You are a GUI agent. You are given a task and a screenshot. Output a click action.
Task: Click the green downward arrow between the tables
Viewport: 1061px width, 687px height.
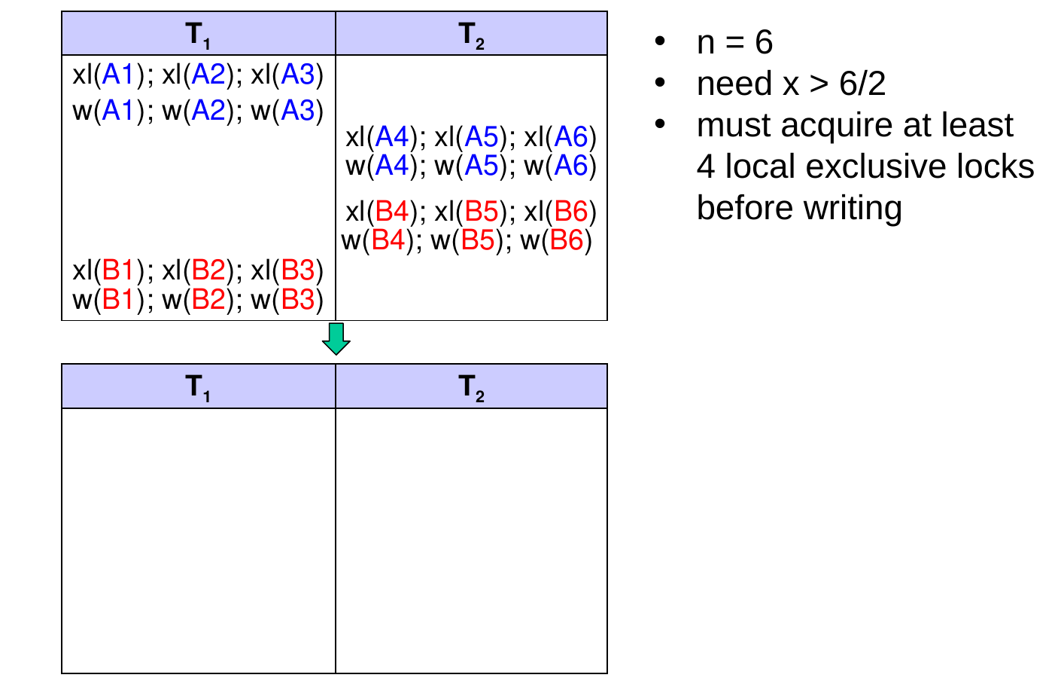336,338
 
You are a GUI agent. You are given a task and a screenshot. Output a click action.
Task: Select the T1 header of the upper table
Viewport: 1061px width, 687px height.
198,35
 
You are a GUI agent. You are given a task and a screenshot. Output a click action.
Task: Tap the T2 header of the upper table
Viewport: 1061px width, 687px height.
472,35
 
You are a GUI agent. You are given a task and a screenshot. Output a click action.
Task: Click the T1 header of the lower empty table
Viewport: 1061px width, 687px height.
198,387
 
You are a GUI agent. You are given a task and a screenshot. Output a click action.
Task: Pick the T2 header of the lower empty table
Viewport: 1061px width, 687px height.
472,387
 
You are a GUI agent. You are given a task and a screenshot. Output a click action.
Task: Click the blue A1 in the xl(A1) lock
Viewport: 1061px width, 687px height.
117,75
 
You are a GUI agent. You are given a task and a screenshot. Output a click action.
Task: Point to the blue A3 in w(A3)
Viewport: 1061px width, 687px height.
297,111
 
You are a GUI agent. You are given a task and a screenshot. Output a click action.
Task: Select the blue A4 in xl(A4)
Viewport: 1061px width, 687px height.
391,137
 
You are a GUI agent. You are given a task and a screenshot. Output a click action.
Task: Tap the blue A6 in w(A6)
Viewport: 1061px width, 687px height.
571,166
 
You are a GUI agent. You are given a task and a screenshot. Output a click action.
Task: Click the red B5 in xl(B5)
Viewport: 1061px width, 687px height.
482,211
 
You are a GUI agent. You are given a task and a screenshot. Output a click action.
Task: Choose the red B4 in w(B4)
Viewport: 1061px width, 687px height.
388,240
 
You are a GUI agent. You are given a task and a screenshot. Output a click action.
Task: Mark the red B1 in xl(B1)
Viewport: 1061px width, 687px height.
117,270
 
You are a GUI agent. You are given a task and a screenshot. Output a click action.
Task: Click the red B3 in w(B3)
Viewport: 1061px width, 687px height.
297,300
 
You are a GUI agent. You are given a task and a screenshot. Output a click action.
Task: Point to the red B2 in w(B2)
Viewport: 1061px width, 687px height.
208,300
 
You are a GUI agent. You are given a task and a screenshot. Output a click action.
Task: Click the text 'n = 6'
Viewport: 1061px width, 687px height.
734,42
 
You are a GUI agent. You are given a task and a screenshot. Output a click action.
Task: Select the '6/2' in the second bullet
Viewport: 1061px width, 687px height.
862,84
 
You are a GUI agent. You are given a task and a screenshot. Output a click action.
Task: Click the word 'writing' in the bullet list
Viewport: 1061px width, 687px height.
853,209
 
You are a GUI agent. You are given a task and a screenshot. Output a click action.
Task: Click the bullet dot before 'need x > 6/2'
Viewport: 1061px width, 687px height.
660,83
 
